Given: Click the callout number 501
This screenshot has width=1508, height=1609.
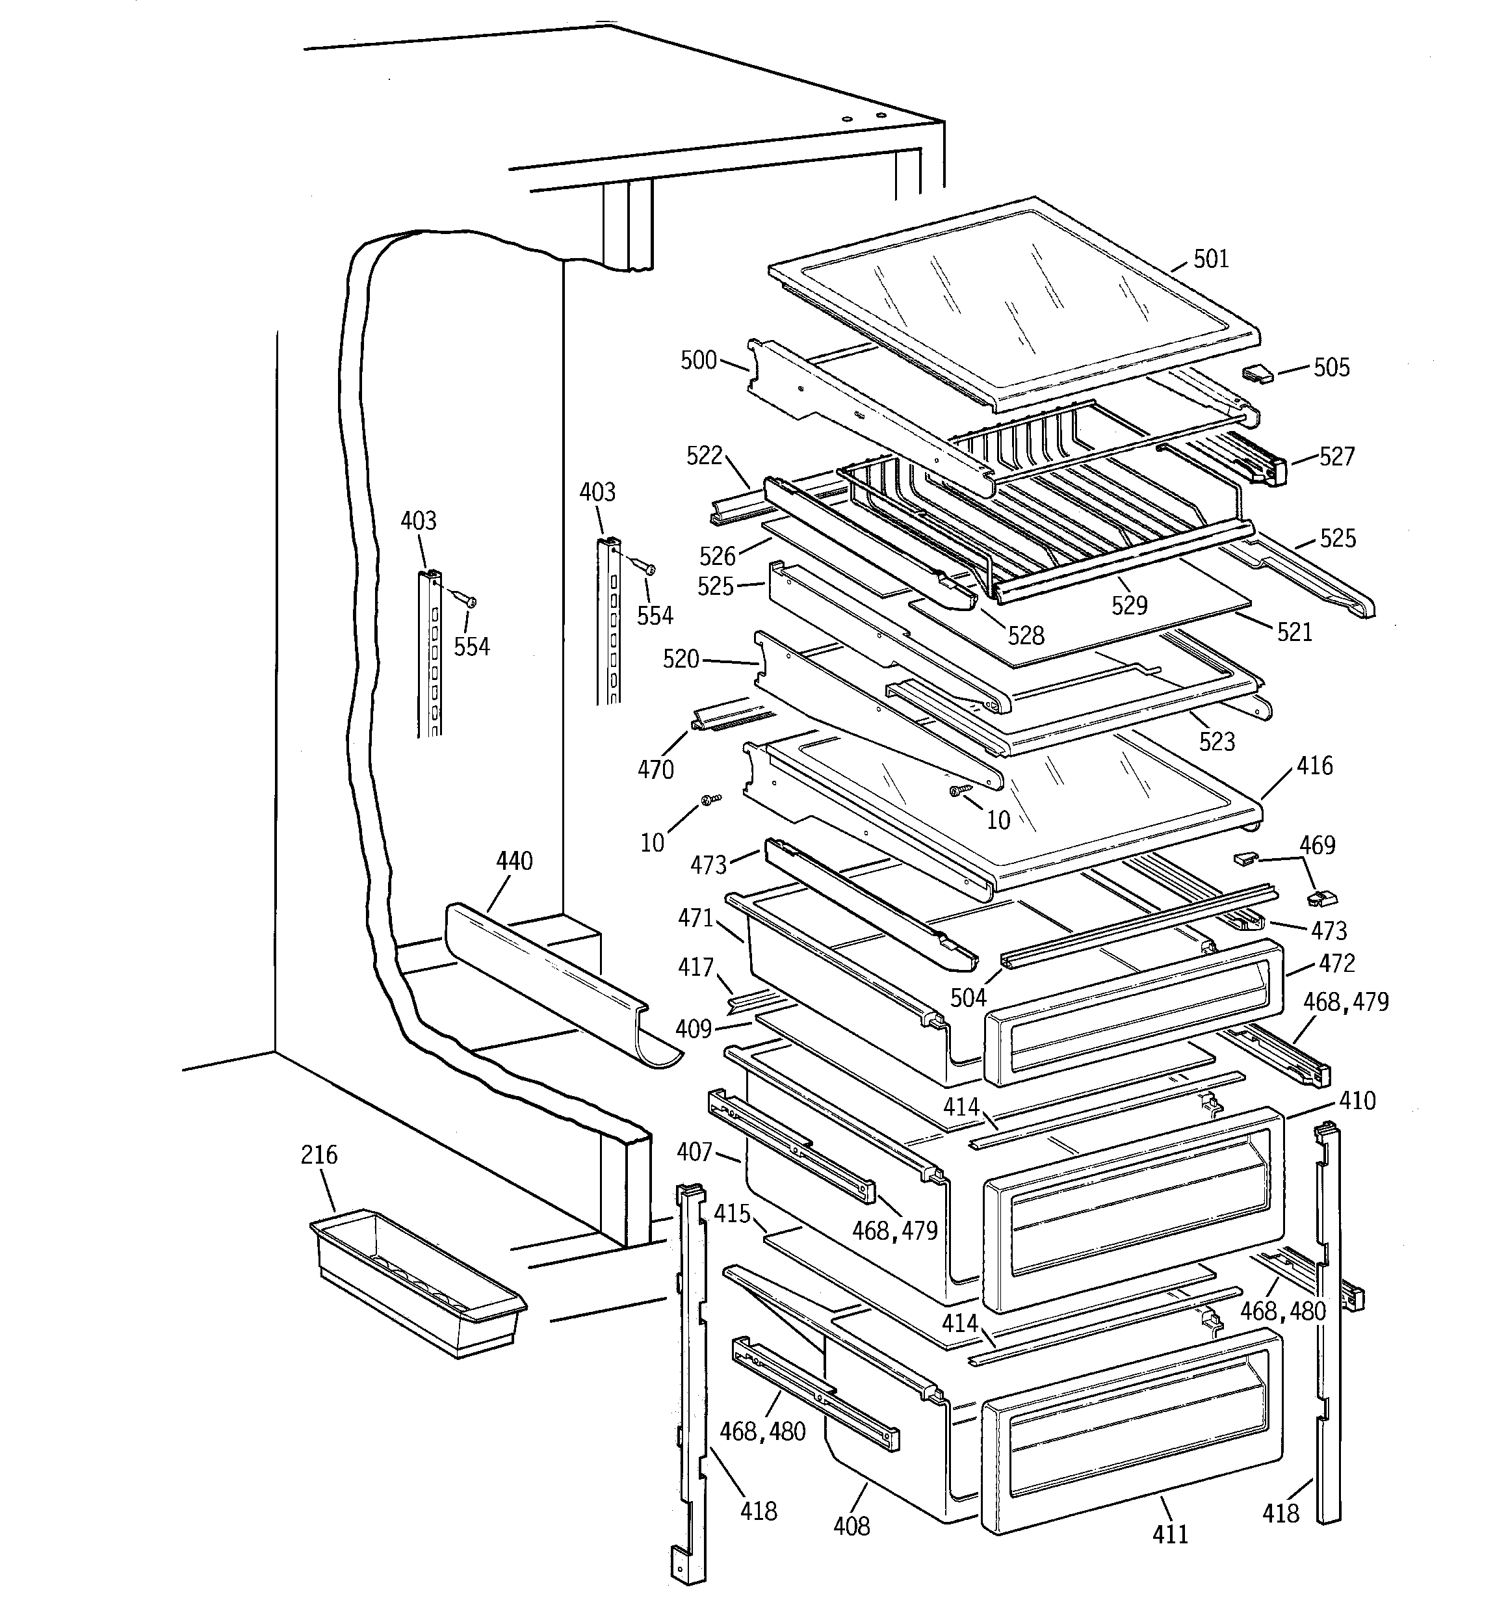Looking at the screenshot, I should pyautogui.click(x=1211, y=259).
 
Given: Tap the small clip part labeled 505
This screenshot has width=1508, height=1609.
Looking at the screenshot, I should pyautogui.click(x=1257, y=373).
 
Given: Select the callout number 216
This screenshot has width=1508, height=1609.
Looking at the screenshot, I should pyautogui.click(x=319, y=1155).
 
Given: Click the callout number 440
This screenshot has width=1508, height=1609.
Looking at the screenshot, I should pyautogui.click(x=514, y=861).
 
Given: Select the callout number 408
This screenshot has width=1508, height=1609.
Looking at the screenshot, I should pyautogui.click(x=851, y=1526).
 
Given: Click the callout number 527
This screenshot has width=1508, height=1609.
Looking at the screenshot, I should pyautogui.click(x=1336, y=456).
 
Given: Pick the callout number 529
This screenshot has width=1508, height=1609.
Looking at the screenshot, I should pyautogui.click(x=1129, y=605).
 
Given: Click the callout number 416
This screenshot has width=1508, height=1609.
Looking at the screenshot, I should pyautogui.click(x=1314, y=766).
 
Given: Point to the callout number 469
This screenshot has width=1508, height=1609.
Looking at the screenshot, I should pyautogui.click(x=1317, y=845).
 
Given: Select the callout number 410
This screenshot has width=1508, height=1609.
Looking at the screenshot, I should pyautogui.click(x=1357, y=1101).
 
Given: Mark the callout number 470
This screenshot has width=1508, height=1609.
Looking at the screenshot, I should pyautogui.click(x=655, y=769).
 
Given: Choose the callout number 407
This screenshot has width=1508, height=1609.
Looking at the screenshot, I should pyautogui.click(x=694, y=1152).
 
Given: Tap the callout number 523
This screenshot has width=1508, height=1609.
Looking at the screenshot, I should pyautogui.click(x=1217, y=741).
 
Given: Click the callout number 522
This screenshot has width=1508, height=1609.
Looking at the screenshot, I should pyautogui.click(x=704, y=456).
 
